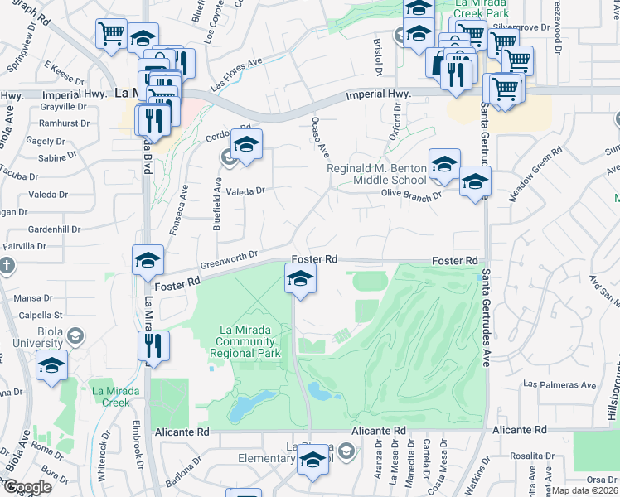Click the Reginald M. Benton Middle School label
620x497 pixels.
pos(377,174)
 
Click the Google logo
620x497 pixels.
pos(27,487)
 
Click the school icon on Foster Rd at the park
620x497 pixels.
pos(300,279)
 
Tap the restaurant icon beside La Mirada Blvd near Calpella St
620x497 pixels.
pos(153,346)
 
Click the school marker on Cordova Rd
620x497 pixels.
pos(246,145)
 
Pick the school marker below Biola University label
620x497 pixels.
pos(52,366)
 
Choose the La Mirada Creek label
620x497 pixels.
pos(110,396)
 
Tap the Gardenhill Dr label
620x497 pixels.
pos(52,229)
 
